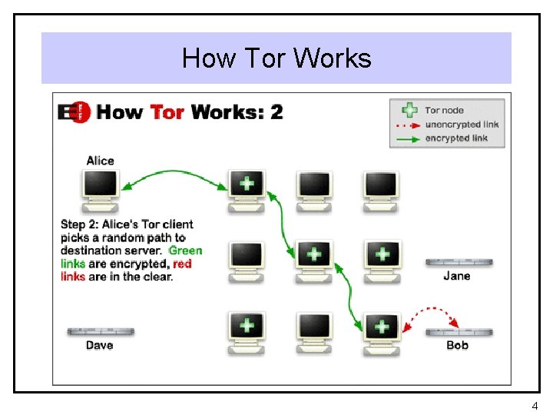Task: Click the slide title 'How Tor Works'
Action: (276, 58)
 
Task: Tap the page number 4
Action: (535, 405)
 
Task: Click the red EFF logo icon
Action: (75, 112)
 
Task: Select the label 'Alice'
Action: (100, 161)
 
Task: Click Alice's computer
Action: (101, 189)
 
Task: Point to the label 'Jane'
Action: (457, 276)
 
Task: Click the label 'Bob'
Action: (458, 345)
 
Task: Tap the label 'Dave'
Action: (100, 345)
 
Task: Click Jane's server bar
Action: (459, 262)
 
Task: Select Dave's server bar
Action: (101, 331)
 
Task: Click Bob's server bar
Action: (459, 332)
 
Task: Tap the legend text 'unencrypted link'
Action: (462, 124)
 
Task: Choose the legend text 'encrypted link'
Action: (456, 138)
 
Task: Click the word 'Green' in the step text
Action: (185, 251)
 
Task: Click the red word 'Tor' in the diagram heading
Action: (167, 112)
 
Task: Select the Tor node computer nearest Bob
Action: (382, 331)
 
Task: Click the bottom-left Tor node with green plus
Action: (246, 331)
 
